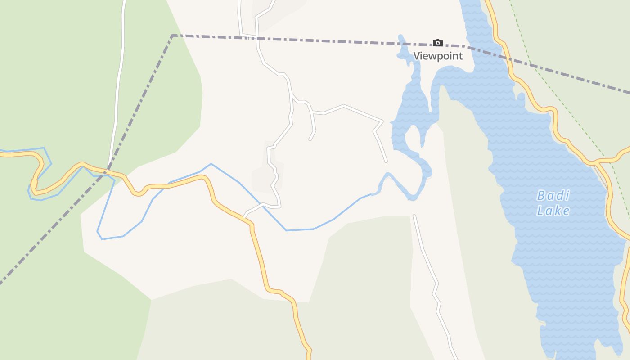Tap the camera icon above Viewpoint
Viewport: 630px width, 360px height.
[x=437, y=43]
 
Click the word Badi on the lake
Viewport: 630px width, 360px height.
[x=553, y=196]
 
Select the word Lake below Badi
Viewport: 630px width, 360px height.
[x=553, y=211]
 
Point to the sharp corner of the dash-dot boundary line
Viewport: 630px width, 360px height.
[x=172, y=35]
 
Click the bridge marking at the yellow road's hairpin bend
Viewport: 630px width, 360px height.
[x=34, y=184]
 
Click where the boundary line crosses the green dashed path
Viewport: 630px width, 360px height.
[x=530, y=63]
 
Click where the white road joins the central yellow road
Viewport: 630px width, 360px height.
[x=245, y=217]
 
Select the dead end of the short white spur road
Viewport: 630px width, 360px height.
[x=310, y=139]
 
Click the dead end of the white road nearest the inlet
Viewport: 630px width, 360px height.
[x=386, y=161]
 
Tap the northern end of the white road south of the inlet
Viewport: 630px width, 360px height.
[x=414, y=216]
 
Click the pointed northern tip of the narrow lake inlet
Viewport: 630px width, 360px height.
[x=400, y=36]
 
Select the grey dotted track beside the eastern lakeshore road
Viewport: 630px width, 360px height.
[x=602, y=173]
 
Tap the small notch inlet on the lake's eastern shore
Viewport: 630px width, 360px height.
[x=521, y=95]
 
